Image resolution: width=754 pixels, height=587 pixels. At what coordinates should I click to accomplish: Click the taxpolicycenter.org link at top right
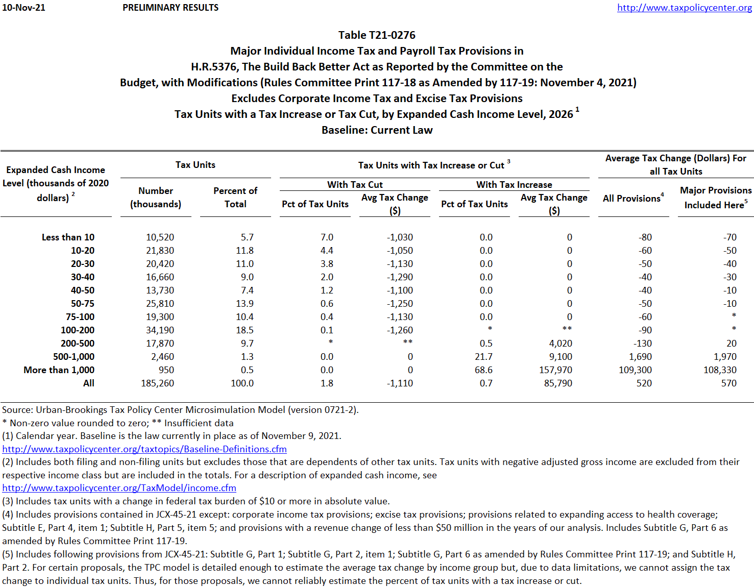[684, 8]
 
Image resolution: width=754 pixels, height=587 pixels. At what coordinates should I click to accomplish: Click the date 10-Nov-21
[23, 8]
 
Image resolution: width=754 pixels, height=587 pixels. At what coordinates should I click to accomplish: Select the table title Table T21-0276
[377, 35]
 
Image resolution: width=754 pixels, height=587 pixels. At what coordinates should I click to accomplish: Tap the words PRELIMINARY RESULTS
[171, 8]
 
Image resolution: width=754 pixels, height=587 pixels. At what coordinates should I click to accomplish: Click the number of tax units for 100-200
[160, 330]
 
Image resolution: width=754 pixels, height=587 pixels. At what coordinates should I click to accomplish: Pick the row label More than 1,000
[59, 370]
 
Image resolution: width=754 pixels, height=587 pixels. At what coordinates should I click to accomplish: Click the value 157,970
[555, 370]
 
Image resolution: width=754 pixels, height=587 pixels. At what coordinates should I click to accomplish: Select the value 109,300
[635, 370]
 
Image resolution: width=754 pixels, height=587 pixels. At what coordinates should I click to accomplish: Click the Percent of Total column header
[235, 197]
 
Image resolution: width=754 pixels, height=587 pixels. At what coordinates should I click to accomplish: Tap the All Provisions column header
[633, 198]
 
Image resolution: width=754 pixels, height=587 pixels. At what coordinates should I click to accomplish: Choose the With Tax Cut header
[355, 185]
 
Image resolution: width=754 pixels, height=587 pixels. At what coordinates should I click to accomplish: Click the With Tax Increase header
[514, 185]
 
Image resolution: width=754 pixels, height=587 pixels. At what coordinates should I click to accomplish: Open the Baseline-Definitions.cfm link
[144, 449]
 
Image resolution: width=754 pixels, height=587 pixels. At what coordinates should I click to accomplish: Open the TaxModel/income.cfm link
[119, 488]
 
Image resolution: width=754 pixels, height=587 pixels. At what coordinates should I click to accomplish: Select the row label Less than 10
[68, 237]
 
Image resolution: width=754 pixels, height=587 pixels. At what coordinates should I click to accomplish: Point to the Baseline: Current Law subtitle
[377, 130]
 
